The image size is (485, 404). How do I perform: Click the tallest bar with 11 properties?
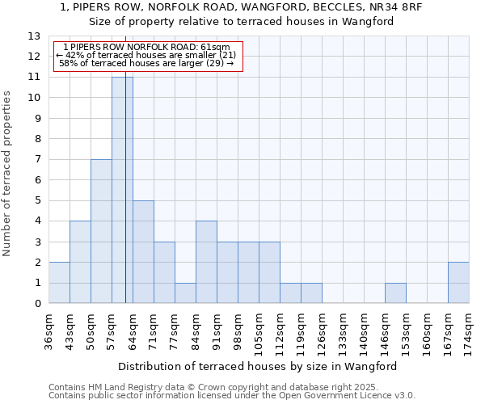pyautogui.click(x=122, y=190)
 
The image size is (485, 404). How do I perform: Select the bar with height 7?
pyautogui.click(x=101, y=231)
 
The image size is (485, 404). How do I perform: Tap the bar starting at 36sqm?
pyautogui.click(x=59, y=283)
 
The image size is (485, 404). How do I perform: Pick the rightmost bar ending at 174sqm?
pyautogui.click(x=458, y=283)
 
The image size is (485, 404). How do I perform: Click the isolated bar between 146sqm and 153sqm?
pyautogui.click(x=395, y=293)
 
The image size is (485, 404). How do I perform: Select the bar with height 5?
pyautogui.click(x=143, y=252)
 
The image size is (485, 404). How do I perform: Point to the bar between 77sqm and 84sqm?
pyautogui.click(x=185, y=293)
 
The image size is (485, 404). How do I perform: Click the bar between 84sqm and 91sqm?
pyautogui.click(x=206, y=263)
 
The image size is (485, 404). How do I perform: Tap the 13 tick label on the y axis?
pyautogui.click(x=34, y=36)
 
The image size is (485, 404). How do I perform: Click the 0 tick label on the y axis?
pyautogui.click(x=37, y=304)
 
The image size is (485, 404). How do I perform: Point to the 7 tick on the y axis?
pyautogui.click(x=37, y=160)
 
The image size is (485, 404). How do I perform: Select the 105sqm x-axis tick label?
pyautogui.click(x=259, y=331)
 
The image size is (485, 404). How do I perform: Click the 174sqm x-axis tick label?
pyautogui.click(x=470, y=331)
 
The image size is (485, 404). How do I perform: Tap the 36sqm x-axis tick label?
pyautogui.click(x=49, y=331)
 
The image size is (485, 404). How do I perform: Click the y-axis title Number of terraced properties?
pyautogui.click(x=8, y=174)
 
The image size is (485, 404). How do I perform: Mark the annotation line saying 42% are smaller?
pyautogui.click(x=146, y=55)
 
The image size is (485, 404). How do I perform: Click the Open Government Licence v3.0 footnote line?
pyautogui.click(x=232, y=396)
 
